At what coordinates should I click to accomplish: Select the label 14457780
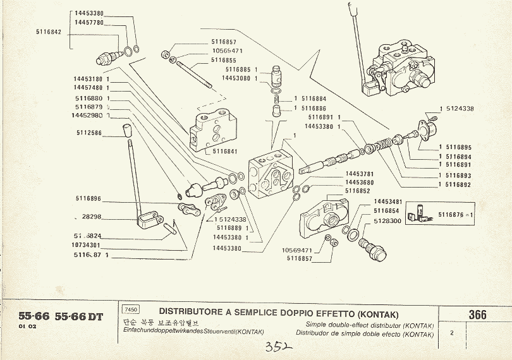tap(89, 22)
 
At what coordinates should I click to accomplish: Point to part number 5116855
tap(224, 60)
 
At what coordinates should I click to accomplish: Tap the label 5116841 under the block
tap(226, 151)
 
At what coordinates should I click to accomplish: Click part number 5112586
tap(90, 133)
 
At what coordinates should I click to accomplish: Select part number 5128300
tap(387, 221)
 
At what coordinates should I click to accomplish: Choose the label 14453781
tap(360, 174)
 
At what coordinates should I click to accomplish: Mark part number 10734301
tap(87, 245)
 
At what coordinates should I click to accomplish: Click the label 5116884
tap(314, 99)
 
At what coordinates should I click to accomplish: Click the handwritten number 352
tap(277, 347)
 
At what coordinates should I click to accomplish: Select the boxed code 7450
tap(131, 309)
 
